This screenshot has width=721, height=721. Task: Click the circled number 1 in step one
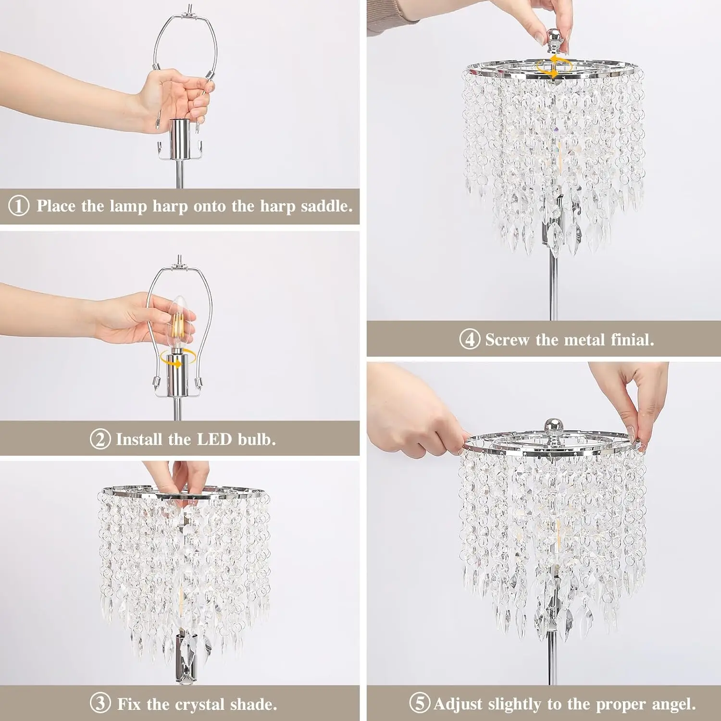tap(19, 206)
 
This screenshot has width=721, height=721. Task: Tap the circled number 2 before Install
tap(100, 439)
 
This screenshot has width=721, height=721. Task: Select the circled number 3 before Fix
tap(100, 704)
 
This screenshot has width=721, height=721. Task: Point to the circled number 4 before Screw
tap(469, 339)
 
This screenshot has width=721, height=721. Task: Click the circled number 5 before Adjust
tap(419, 703)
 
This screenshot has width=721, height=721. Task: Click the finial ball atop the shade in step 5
tap(553, 426)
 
